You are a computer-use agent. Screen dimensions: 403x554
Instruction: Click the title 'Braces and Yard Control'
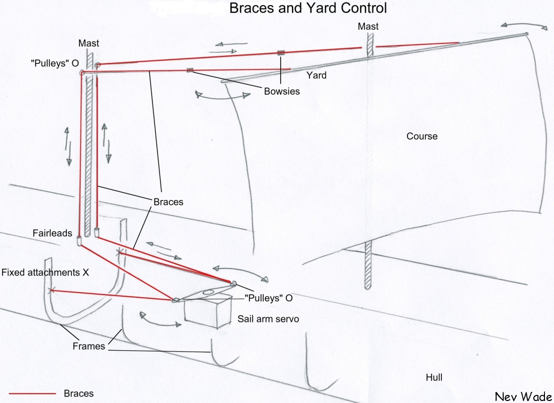[x=308, y=8]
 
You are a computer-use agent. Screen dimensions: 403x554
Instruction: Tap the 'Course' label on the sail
[x=422, y=137]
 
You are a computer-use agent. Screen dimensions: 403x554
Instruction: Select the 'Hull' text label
[x=434, y=377]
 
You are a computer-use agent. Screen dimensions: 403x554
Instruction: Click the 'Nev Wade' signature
[x=523, y=396]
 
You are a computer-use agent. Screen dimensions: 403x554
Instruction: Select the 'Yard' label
[x=316, y=76]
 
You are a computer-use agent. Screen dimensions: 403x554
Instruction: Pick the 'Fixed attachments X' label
[x=45, y=273]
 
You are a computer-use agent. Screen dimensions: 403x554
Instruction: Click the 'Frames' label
[x=89, y=346]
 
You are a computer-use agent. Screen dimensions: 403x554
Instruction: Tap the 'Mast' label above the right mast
[x=368, y=26]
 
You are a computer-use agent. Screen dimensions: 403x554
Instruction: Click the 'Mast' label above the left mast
[x=88, y=43]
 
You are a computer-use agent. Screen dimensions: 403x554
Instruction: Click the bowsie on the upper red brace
[x=281, y=52]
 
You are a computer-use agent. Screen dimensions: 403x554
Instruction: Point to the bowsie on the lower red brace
[x=190, y=70]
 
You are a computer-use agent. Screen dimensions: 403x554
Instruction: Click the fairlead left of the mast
[x=80, y=240]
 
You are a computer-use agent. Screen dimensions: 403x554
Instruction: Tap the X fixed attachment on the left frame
[x=50, y=290]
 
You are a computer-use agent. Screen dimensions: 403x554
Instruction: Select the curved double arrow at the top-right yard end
[x=523, y=25]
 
